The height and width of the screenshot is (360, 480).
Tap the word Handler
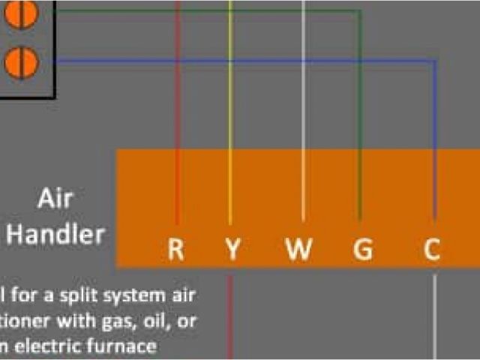pos(55,235)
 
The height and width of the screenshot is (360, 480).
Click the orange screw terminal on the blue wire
pos(21,61)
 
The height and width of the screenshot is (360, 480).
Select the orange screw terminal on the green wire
pos(21,13)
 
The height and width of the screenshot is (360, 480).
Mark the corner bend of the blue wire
pos(435,61)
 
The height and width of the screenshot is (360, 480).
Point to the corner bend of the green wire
pos(360,12)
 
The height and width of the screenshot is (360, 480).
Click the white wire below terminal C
pos(435,315)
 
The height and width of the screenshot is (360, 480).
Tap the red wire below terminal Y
pos(231,315)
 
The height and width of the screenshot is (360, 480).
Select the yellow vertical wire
pos(231,90)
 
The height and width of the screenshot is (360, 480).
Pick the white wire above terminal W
pos(303,90)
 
